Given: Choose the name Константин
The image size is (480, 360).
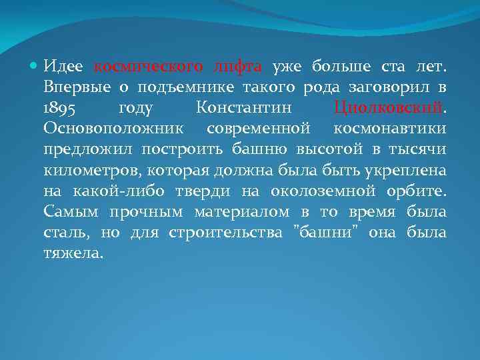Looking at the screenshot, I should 245,109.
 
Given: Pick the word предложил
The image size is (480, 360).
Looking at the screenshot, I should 83,150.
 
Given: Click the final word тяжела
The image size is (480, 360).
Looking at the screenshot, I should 73,254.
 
